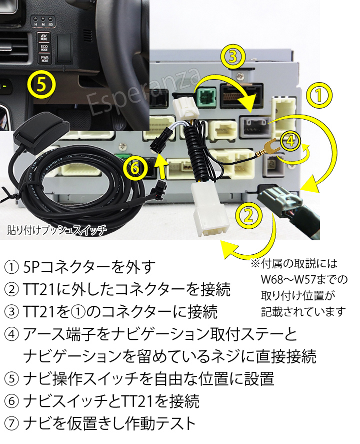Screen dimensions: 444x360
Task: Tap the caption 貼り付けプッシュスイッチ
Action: (x=57, y=230)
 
